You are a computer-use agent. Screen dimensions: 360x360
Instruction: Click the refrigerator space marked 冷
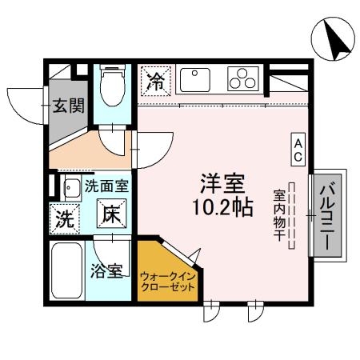156,81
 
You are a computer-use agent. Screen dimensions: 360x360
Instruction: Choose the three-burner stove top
240,79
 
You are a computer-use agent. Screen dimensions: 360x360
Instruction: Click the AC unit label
297,148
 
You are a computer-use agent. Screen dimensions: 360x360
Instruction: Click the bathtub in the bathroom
66,270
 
